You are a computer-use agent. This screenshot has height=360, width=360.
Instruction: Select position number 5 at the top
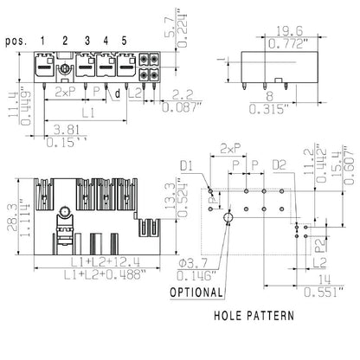(x=124, y=41)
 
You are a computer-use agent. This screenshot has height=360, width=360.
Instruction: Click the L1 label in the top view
(x=88, y=113)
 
